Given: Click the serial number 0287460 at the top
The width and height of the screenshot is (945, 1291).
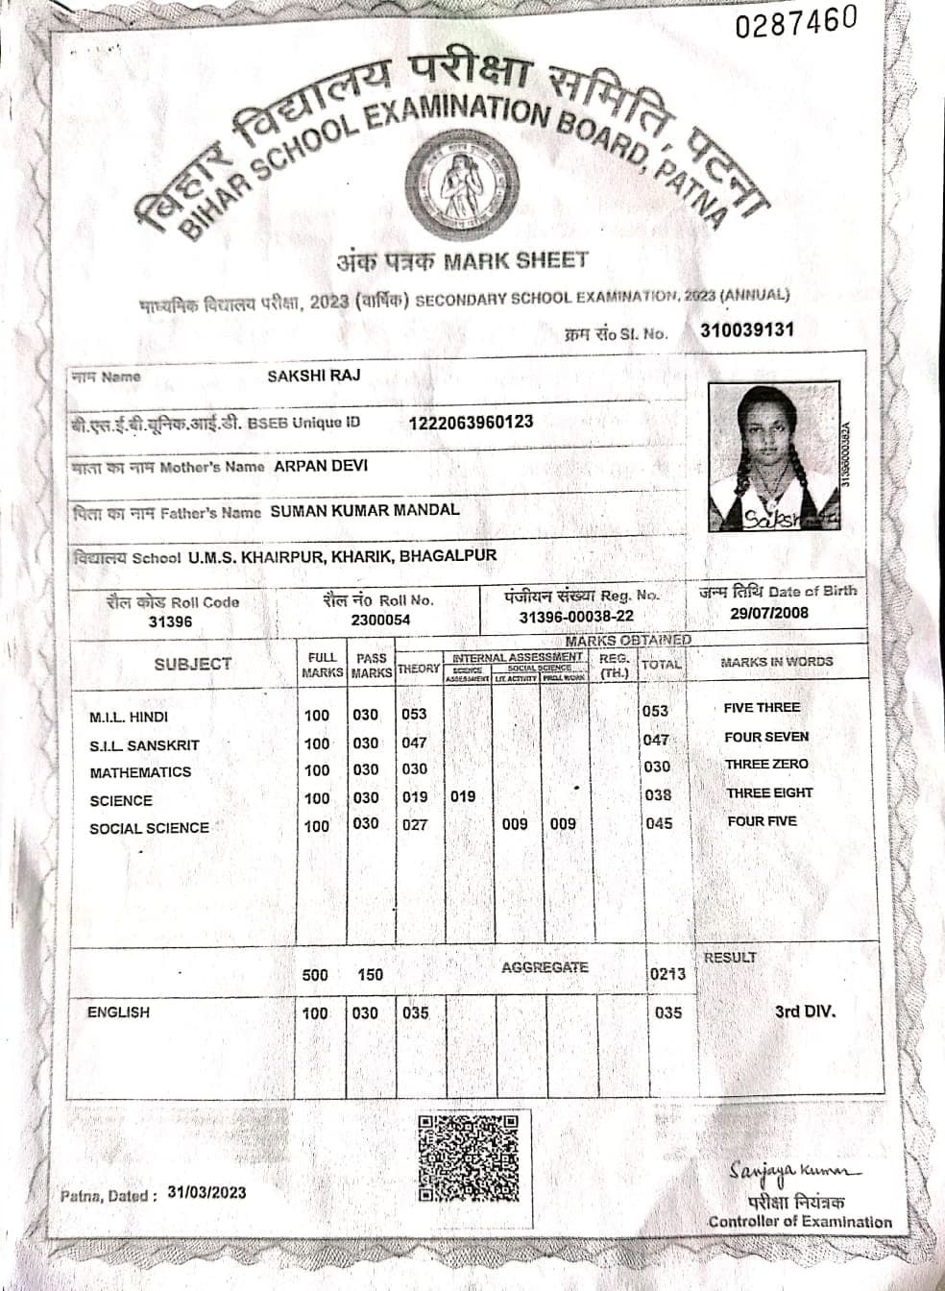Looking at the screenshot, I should click(x=795, y=23).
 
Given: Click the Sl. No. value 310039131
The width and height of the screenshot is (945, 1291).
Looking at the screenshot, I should click(x=747, y=330).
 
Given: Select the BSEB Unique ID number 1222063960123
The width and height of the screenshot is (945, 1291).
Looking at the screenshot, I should click(x=471, y=422).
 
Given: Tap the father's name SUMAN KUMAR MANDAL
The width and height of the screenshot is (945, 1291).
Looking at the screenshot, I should click(x=365, y=510).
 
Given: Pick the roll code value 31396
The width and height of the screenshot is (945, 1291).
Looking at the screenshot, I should click(x=170, y=621).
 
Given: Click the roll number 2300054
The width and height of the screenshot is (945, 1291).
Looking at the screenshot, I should click(x=380, y=620).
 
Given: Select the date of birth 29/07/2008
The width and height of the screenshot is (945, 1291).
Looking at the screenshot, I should click(x=769, y=613).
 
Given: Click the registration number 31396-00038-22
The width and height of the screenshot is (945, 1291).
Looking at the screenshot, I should click(x=576, y=617).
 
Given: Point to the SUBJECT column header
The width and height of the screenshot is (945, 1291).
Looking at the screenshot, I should click(x=193, y=664).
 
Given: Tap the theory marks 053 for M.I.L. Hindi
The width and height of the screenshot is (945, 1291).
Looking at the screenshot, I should click(x=415, y=714).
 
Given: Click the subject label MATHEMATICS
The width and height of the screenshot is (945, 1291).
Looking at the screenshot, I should click(x=140, y=772).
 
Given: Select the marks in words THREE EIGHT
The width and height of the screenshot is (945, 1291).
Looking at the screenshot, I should click(x=769, y=793).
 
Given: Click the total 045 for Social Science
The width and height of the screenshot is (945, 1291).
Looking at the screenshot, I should click(x=659, y=823).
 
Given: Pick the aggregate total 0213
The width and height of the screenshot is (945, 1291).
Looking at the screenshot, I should click(x=667, y=974).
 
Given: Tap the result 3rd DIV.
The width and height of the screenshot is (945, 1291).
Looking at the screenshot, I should click(x=805, y=1011).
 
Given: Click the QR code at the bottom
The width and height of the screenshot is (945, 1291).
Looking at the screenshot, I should click(x=469, y=1157).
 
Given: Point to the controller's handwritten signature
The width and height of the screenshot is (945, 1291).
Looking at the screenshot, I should click(x=794, y=1172).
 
